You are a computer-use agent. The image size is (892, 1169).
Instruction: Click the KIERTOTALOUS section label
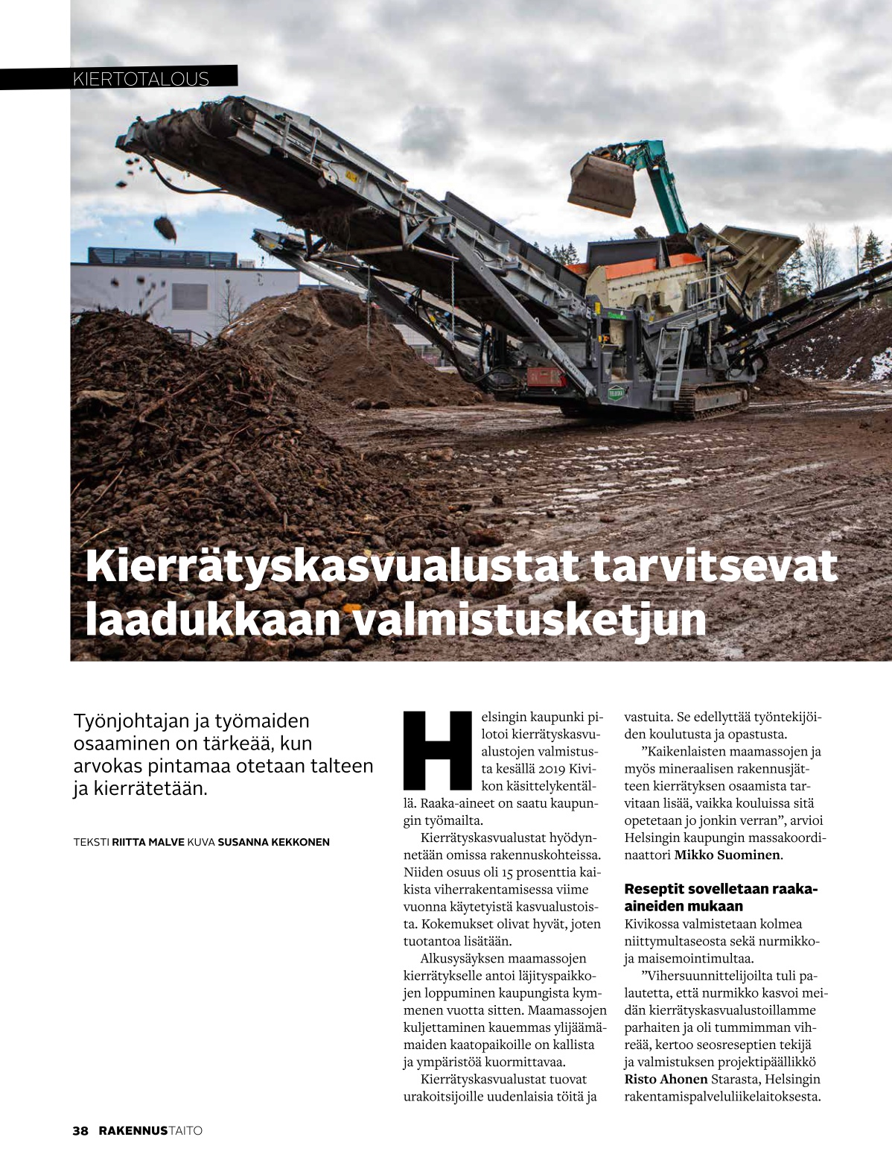[x=141, y=78]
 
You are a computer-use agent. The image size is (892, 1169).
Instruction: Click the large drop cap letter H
[x=437, y=750]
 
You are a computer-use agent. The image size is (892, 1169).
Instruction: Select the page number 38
[x=80, y=1130]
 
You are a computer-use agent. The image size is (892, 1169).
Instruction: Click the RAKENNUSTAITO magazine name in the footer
[x=151, y=1130]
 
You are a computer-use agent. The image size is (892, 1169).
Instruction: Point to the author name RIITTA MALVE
[x=147, y=842]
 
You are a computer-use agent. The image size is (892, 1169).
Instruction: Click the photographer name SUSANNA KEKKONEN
[x=273, y=842]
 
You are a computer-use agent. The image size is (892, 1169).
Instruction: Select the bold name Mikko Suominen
[x=727, y=855]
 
